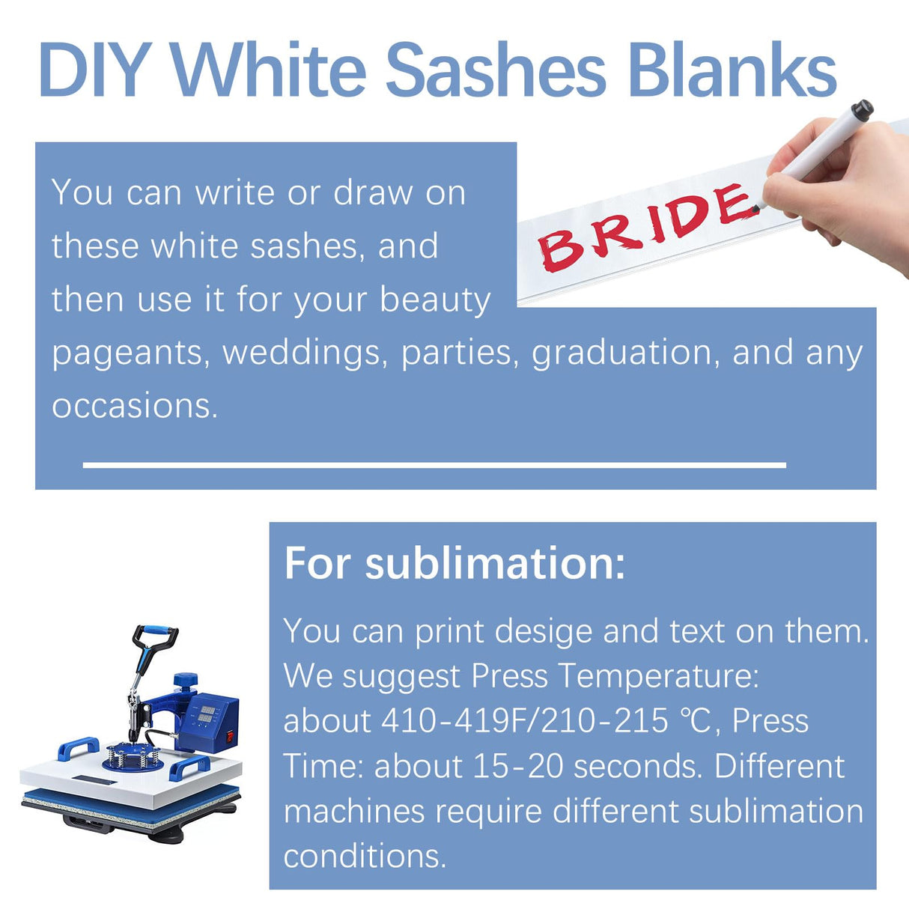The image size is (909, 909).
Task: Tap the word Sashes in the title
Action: tap(495, 70)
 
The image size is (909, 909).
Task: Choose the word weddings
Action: tap(305, 353)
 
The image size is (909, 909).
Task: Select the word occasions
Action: tap(135, 406)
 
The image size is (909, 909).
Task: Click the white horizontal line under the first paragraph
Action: tap(434, 465)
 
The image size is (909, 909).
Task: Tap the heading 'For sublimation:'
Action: tap(454, 563)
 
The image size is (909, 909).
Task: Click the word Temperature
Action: tap(659, 677)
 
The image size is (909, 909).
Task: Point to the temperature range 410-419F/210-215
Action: tap(524, 721)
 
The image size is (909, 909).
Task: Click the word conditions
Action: tap(365, 856)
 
